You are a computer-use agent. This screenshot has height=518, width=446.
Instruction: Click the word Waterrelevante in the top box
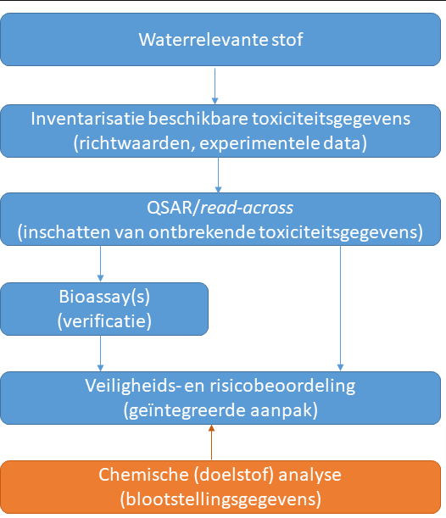[203, 40]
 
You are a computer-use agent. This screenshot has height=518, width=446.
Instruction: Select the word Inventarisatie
[87, 119]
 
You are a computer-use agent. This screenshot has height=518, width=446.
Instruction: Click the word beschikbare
[198, 119]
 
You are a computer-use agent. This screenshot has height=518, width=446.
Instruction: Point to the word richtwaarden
[134, 143]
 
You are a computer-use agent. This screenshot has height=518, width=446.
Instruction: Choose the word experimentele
[259, 144]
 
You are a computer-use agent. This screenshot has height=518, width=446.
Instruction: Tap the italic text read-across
[247, 208]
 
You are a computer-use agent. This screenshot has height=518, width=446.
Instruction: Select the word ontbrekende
[202, 232]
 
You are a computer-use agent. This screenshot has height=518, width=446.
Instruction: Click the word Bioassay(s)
[104, 297]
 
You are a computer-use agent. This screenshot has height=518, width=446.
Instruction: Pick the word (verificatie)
[104, 321]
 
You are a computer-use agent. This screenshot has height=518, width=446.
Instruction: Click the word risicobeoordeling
[282, 386]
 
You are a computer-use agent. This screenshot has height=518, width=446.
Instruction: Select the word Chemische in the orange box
[143, 475]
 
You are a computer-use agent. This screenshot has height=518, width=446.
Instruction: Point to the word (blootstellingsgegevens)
[220, 499]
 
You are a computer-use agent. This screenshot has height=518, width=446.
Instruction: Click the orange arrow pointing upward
[211, 442]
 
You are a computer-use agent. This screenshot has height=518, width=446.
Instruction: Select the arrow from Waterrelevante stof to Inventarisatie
[215, 86]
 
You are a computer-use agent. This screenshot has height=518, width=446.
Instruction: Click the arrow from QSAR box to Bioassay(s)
[100, 264]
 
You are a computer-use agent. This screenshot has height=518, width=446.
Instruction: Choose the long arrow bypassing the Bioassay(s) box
[340, 308]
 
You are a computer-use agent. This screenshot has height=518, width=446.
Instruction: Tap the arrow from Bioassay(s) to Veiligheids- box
[100, 354]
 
